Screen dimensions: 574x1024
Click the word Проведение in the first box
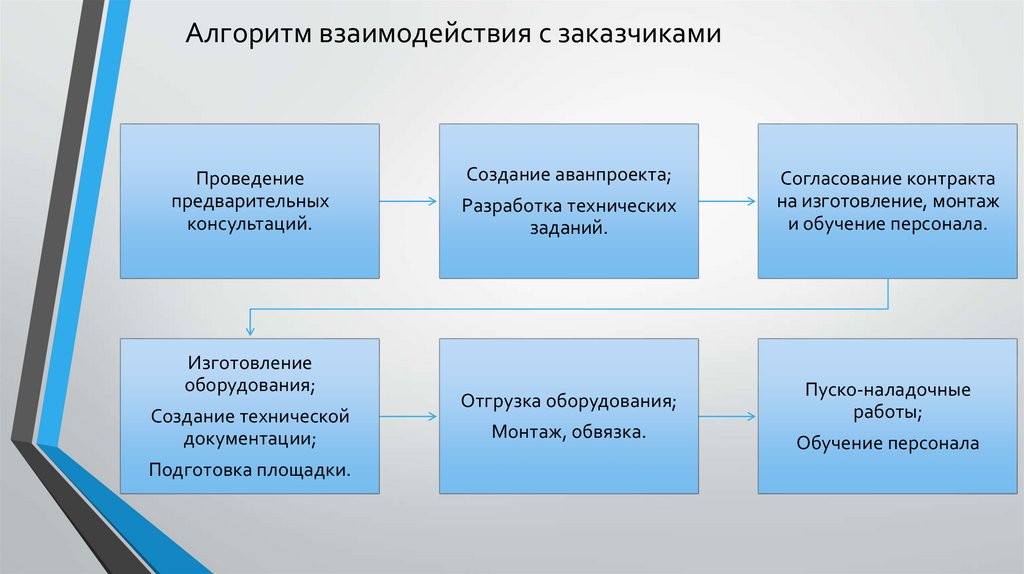click(249, 178)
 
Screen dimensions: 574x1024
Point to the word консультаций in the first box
click(249, 224)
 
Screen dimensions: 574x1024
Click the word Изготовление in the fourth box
click(249, 362)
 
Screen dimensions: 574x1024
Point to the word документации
click(249, 438)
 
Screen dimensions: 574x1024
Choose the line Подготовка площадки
click(249, 468)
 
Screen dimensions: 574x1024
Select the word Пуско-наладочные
click(887, 390)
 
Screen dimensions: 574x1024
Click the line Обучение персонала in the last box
click(887, 442)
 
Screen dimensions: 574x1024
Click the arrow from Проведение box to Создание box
click(409, 201)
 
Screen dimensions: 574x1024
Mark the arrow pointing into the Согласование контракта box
click(727, 201)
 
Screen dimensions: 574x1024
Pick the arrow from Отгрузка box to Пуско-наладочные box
click(727, 415)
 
